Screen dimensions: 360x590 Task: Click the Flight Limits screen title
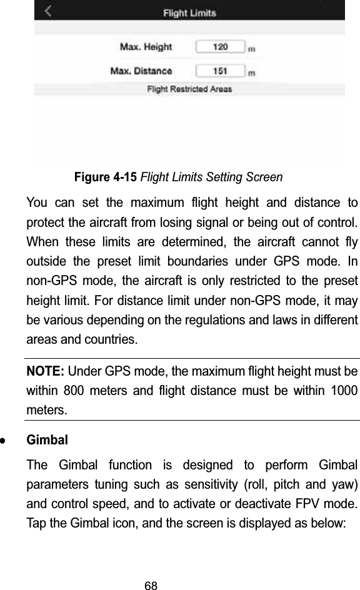pos(190,12)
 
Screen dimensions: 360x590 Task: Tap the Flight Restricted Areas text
pos(189,89)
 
